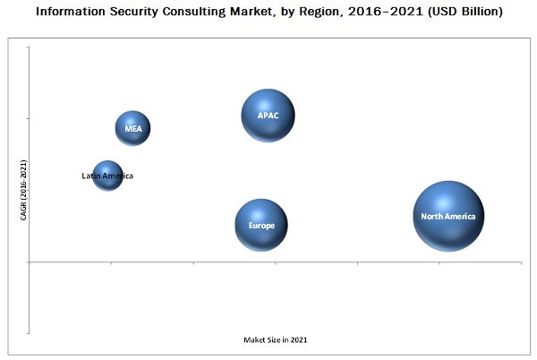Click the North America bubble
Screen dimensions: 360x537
click(x=448, y=216)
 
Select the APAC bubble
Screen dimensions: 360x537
click(x=268, y=116)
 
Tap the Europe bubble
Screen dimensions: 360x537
click(x=261, y=225)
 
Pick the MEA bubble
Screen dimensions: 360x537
click(x=132, y=128)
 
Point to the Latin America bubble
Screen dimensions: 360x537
click(x=107, y=176)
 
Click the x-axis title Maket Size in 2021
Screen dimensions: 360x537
click(x=276, y=340)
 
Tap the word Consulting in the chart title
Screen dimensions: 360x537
click(x=201, y=12)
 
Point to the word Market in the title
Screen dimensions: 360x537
click(x=260, y=12)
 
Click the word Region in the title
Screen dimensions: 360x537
click(x=323, y=12)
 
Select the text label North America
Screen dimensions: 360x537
click(x=452, y=216)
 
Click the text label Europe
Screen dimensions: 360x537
click(x=261, y=226)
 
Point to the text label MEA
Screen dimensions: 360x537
click(x=133, y=129)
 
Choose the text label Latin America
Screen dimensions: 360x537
click(x=107, y=176)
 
